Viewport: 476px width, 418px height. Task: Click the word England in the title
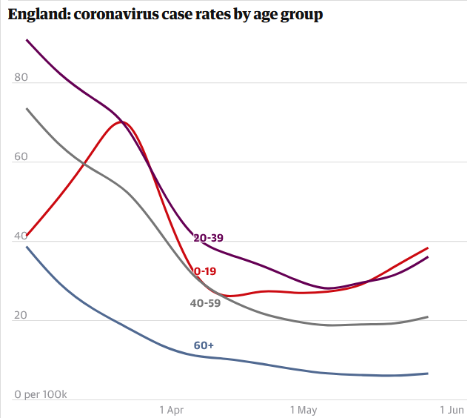[x=40, y=15]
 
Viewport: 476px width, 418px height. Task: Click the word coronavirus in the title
[x=115, y=14]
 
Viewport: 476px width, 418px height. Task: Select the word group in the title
[x=301, y=16]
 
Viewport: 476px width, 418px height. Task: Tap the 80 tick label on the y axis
[x=21, y=77]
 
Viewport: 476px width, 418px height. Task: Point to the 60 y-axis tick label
[x=21, y=156]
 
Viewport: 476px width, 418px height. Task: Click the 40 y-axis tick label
[x=21, y=236]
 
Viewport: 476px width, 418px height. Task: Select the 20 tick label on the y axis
[x=21, y=315]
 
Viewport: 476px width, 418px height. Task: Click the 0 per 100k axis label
[x=41, y=394]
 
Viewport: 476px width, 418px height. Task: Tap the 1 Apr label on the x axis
[x=172, y=410]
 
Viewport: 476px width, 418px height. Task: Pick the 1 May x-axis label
[x=304, y=410]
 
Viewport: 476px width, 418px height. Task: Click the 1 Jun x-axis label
[x=452, y=410]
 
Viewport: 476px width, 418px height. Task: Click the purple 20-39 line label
[x=208, y=238]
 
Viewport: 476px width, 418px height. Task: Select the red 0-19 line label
[x=205, y=271]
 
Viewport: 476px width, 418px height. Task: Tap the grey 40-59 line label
[x=205, y=303]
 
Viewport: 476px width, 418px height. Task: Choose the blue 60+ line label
[x=204, y=345]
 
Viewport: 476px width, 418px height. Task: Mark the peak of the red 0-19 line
[x=122, y=122]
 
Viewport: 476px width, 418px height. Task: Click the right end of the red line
[x=428, y=248]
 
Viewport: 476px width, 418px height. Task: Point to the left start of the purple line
[x=27, y=40]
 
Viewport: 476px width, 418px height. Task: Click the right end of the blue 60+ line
[x=428, y=374]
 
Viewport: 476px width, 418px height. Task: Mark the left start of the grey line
[x=27, y=108]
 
